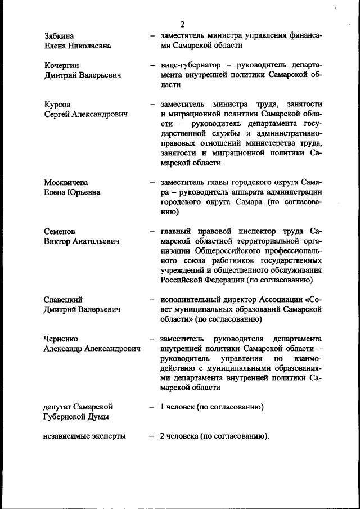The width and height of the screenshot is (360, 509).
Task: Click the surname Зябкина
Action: click(x=59, y=36)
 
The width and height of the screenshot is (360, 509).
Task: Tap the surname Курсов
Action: click(x=57, y=105)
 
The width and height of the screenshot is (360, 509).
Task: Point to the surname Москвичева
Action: click(x=66, y=183)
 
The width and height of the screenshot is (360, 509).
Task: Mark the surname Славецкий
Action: click(x=63, y=299)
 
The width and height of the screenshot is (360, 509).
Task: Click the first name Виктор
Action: click(x=57, y=241)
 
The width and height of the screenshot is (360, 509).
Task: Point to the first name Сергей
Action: click(x=58, y=114)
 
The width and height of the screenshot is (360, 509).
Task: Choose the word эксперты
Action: click(x=109, y=436)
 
